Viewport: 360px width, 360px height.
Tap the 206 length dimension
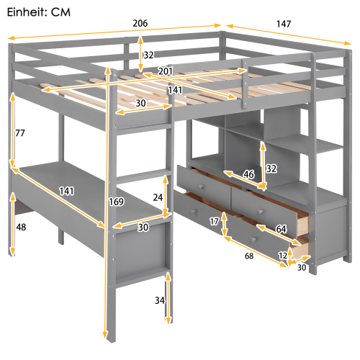click(x=140, y=23)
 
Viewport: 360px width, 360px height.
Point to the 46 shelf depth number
click(x=249, y=175)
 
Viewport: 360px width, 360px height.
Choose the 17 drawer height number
click(x=215, y=222)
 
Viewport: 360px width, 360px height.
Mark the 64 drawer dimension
click(x=280, y=230)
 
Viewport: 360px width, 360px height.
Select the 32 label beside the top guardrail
click(x=148, y=55)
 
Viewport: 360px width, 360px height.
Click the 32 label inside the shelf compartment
click(x=271, y=168)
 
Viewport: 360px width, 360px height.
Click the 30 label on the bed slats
click(x=141, y=104)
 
